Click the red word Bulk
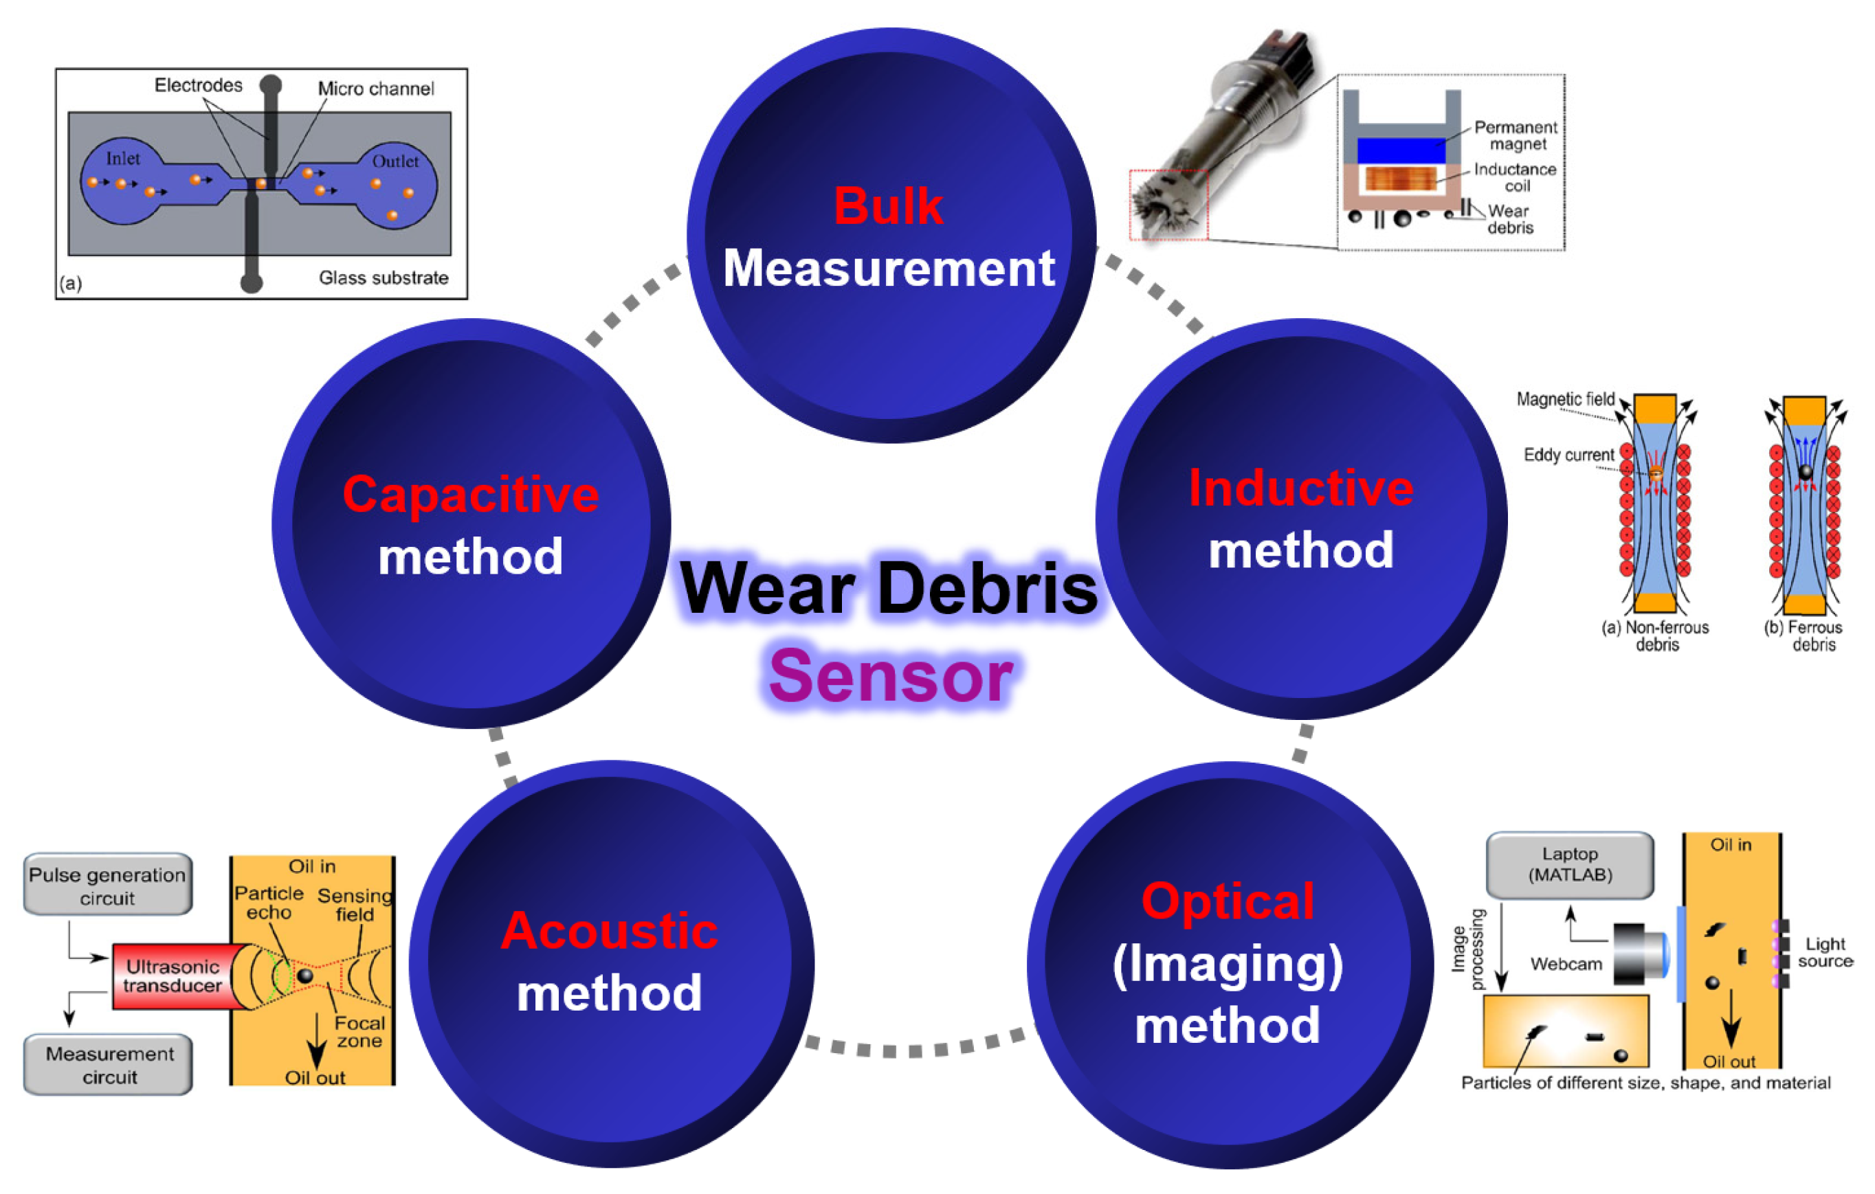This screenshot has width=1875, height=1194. pos(889,206)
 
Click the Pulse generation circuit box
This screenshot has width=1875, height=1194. pos(107,886)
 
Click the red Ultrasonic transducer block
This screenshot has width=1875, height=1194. pos(175,976)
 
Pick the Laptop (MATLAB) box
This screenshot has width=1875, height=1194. pos(1570,865)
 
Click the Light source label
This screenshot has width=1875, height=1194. pos(1824,952)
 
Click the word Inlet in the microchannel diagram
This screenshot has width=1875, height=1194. pos(123,159)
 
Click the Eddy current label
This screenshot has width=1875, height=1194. pos(1568,455)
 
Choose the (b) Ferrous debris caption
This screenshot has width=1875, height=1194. pos(1804,636)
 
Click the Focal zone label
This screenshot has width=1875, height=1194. pos(359,1031)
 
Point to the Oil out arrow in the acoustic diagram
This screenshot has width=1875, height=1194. pos(316,1043)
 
